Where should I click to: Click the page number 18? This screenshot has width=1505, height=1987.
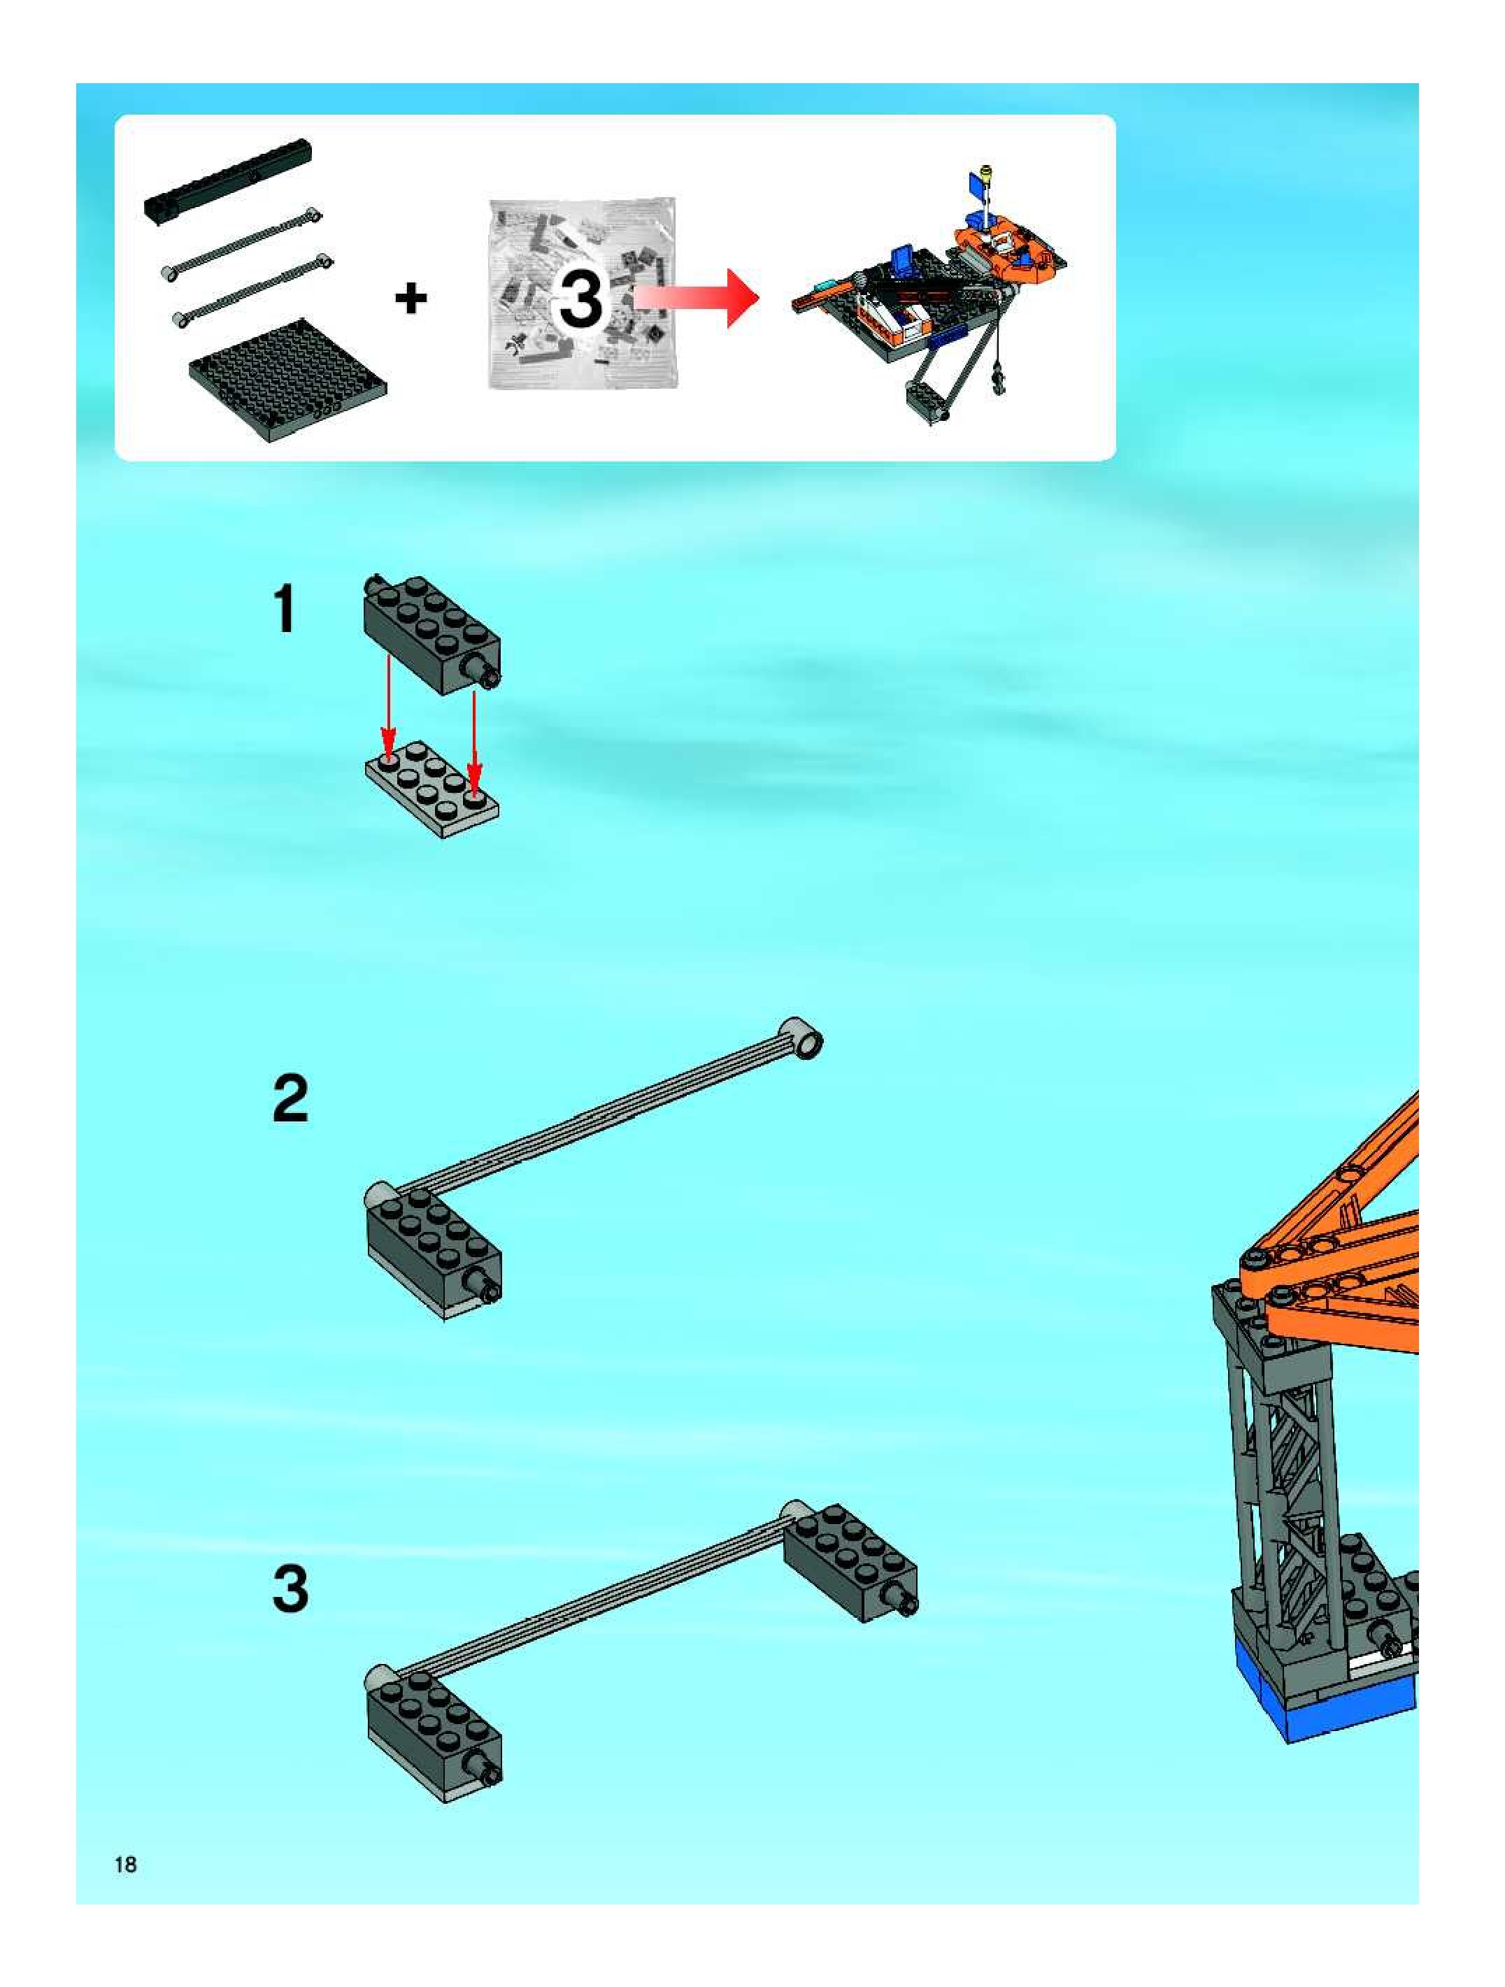[x=126, y=1864]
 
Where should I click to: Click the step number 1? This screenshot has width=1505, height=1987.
[x=285, y=608]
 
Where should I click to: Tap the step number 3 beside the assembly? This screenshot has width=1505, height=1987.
[x=290, y=1589]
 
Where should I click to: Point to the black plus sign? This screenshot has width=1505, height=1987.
[x=411, y=299]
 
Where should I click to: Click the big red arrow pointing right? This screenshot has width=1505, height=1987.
[x=697, y=297]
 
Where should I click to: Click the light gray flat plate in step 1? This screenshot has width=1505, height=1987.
[x=432, y=789]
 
